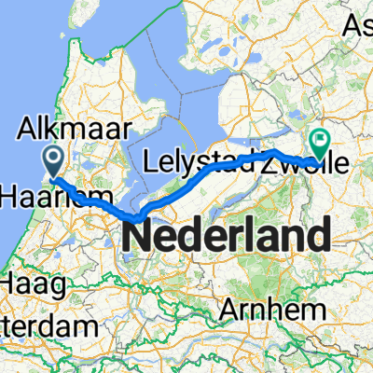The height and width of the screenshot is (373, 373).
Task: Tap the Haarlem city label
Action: coord(50,197)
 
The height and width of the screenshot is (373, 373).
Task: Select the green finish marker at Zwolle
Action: coord(321,142)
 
